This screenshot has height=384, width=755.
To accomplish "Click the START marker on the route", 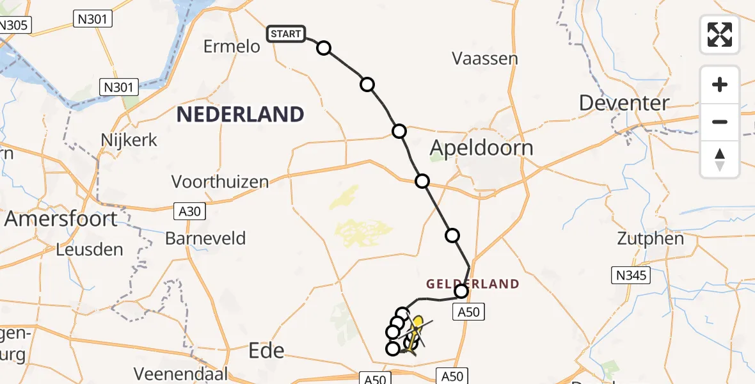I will coord(286,33).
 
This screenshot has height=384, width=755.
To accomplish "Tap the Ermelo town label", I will coord(232,47).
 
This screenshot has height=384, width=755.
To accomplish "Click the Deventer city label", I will coord(616,102).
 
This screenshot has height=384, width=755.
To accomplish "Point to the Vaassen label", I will coord(484,59).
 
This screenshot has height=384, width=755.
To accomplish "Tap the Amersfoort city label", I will coord(61,219).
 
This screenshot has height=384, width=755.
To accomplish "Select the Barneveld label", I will coord(205,239).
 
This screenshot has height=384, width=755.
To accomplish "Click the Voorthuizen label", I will coord(220,182).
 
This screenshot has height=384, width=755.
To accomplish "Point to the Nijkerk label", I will coord(129,140).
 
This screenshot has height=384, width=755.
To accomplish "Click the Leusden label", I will coord(90,249).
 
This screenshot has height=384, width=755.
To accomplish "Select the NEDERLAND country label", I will coord(241,115).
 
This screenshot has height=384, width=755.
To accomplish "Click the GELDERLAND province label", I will coord(473,284).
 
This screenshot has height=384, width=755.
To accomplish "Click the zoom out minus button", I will coord(720,122).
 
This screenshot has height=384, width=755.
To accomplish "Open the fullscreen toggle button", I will coord(720,35).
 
